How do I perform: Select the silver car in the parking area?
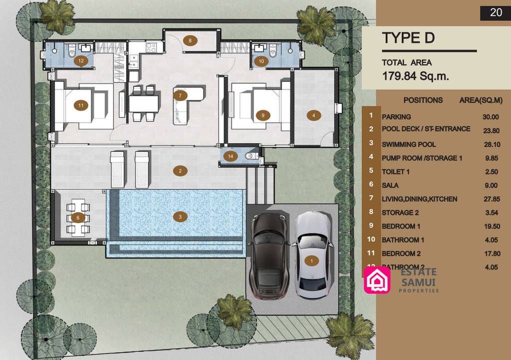312,255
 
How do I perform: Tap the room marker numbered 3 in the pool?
180,217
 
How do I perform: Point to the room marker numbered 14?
230,156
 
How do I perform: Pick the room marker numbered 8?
190,40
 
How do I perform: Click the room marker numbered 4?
313,115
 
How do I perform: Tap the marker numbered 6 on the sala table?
78,217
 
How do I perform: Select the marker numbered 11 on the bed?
80,105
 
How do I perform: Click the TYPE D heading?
408,38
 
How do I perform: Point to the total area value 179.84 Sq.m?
416,76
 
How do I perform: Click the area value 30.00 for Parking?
490,117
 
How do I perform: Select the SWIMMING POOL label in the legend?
409,144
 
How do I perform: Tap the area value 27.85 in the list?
490,199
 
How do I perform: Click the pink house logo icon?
377,280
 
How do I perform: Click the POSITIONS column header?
423,100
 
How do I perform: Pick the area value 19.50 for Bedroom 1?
490,226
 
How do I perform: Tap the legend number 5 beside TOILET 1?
371,170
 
